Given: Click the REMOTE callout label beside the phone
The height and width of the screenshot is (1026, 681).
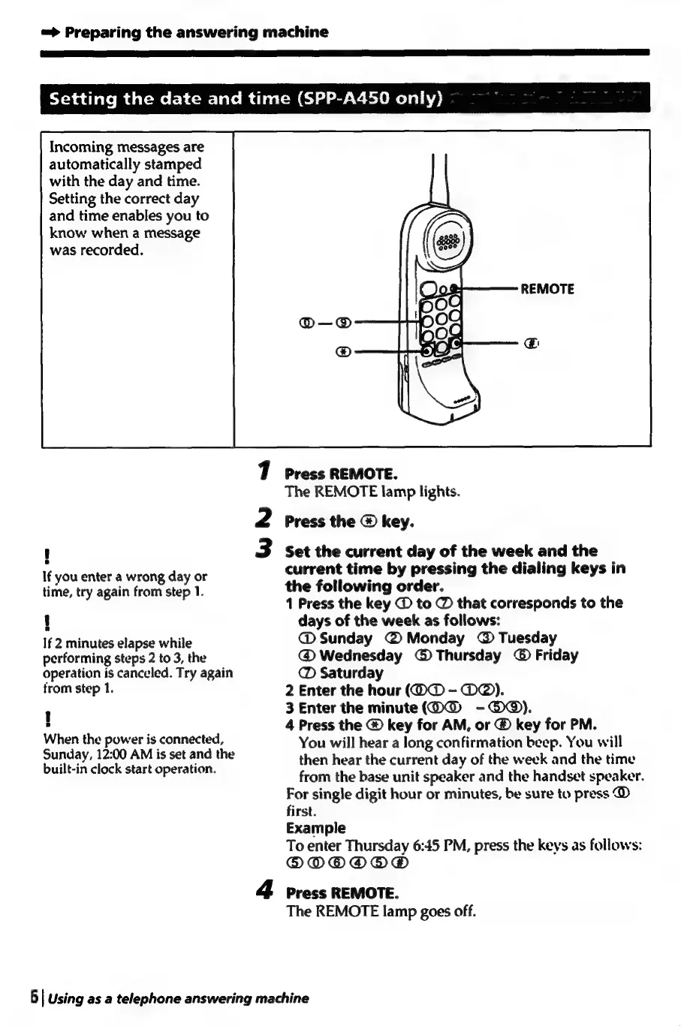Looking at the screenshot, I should coord(547,289).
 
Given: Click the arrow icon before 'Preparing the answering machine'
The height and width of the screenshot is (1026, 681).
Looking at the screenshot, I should coord(51,32).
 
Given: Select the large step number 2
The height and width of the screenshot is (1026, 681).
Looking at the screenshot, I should coord(264,519).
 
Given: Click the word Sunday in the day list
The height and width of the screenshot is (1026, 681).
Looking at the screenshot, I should coord(345,639).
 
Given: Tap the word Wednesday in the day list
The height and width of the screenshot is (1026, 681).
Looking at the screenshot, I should coord(360,656).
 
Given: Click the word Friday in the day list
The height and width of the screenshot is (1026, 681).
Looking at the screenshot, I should coord(556,656).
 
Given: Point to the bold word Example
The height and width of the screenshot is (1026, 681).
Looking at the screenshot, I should coord(316,828).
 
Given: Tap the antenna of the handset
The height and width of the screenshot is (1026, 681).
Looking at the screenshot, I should coord(439,180).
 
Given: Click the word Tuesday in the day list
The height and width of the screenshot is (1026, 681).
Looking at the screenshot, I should coord(527,639).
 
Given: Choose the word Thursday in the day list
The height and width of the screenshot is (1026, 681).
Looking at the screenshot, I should coord(468,656).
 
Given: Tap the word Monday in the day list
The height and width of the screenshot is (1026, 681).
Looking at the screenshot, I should coord(435,639).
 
